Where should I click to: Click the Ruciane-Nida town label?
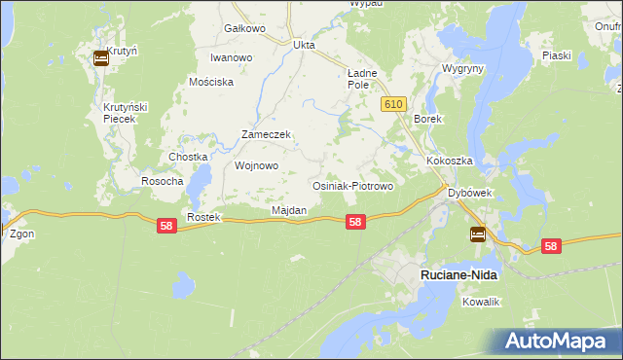pos(458,275)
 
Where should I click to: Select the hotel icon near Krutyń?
pos(101,58)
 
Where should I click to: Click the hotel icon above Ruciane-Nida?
pos(477,234)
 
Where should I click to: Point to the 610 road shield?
pos(393,104)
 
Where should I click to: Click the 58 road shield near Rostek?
pos(166,226)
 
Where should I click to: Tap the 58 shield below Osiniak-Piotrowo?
pos(356,222)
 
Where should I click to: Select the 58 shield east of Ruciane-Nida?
pos(551,247)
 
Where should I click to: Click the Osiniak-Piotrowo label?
pos(351,186)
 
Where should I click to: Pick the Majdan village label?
pos(289,210)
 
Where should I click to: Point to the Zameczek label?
pos(267,135)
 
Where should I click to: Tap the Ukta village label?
pos(305,45)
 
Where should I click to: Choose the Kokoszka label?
pos(449,161)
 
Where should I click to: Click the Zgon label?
pos(21,234)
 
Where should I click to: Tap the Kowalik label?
pos(481,303)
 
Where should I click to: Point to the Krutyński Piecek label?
pos(125,111)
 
